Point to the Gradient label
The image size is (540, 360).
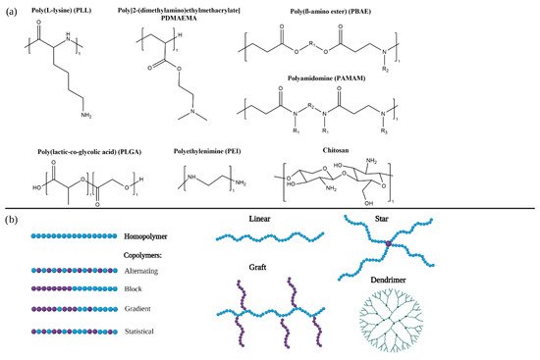[x=142, y=310]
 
